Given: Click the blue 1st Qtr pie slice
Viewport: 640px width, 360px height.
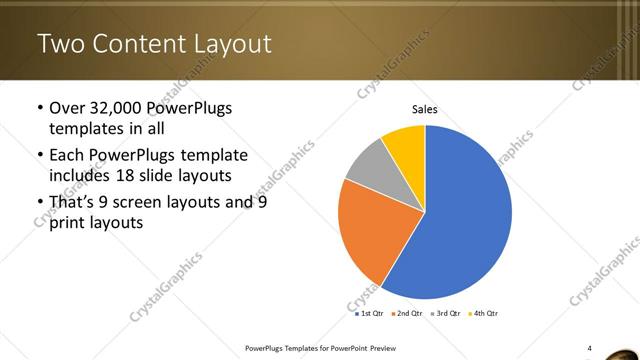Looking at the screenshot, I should click(x=460, y=220).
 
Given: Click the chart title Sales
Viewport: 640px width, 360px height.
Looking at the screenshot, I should click(x=425, y=110).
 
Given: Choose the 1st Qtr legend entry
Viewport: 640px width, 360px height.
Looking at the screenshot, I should click(x=370, y=313).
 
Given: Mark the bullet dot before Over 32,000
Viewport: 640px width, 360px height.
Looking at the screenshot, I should click(x=39, y=108).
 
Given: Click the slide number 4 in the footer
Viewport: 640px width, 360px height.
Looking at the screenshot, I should click(x=590, y=347).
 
